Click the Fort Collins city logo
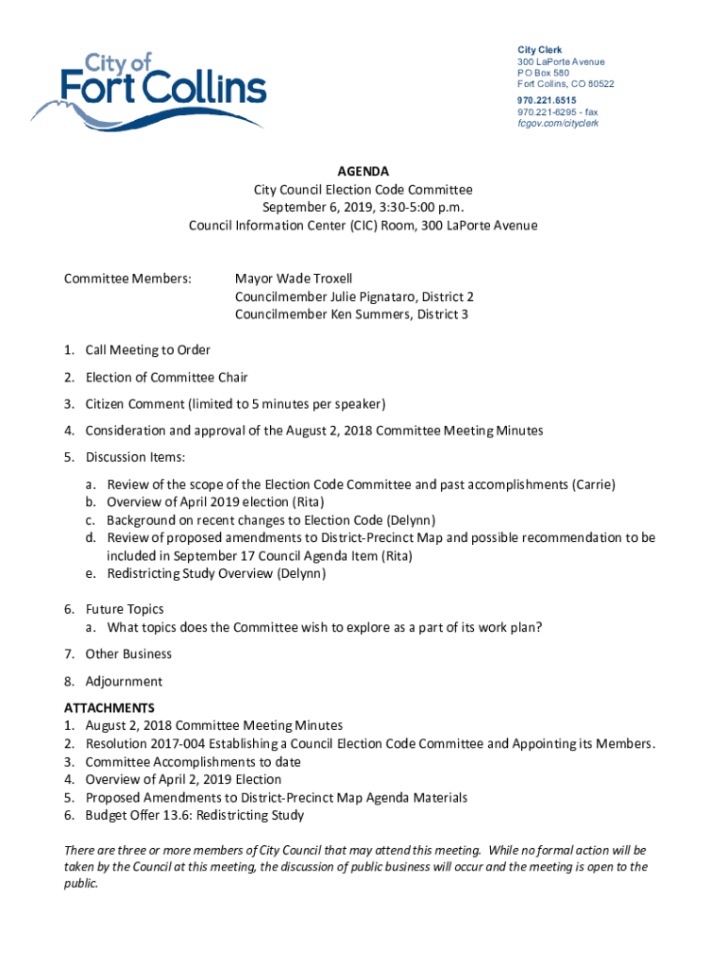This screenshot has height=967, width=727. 149,91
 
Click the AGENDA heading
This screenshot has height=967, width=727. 363,172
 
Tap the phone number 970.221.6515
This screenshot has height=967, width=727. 547,99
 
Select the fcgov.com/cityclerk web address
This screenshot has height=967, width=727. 557,124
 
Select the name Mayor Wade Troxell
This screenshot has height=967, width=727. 294,279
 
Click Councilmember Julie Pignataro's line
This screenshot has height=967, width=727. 354,297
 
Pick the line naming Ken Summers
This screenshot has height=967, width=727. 351,314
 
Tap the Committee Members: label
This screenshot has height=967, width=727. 127,279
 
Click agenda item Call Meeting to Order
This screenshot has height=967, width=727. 147,350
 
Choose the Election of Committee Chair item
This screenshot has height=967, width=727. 166,378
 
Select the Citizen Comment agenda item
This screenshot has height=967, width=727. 235,404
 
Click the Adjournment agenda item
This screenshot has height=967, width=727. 123,682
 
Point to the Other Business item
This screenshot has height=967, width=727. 128,653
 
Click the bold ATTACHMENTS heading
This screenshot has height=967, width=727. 109,708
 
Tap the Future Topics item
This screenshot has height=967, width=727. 124,609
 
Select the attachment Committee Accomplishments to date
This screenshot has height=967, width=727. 193,761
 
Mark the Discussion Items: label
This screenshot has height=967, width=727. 135,458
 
